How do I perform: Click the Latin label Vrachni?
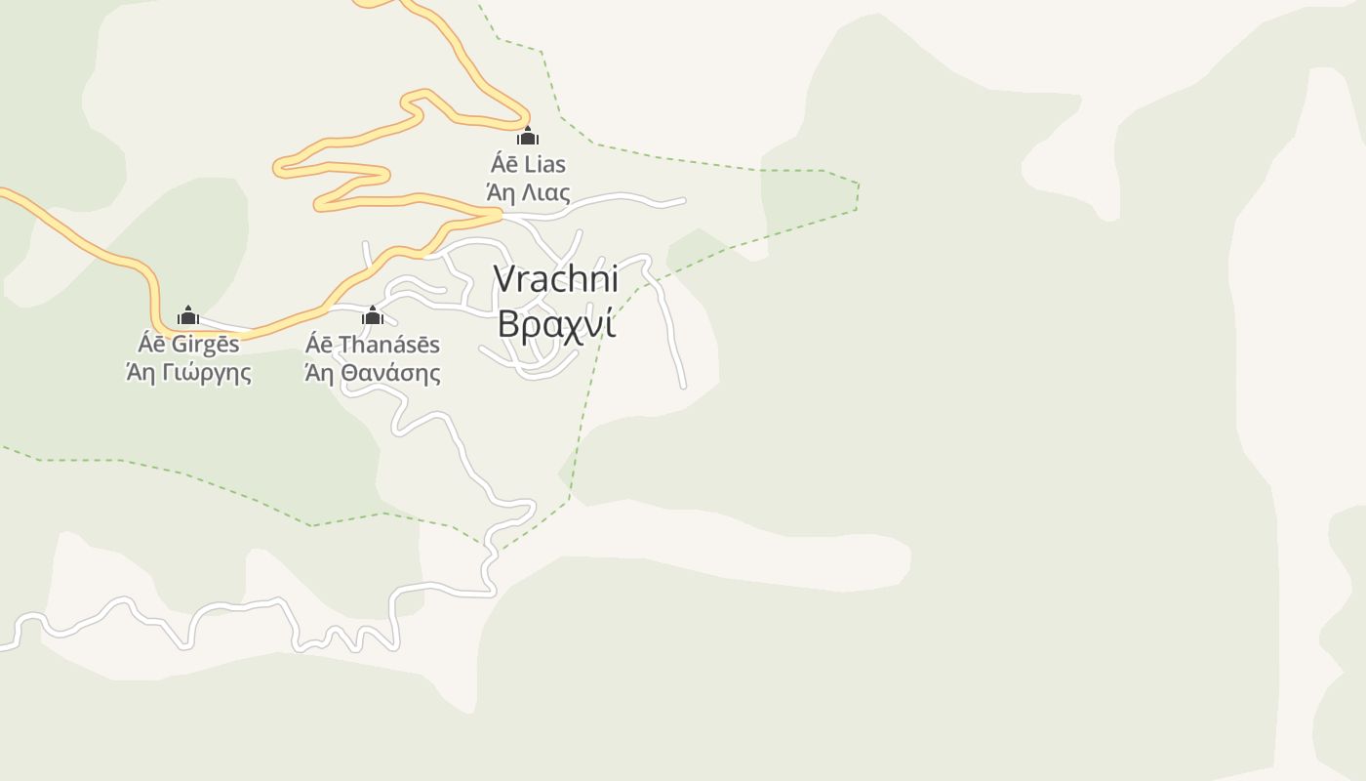[556, 279]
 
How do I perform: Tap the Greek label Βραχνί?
[556, 323]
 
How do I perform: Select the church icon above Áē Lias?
[528, 136]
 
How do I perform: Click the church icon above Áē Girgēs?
[188, 315]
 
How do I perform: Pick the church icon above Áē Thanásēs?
[372, 315]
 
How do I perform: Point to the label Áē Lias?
[528, 164]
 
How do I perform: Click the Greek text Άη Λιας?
[528, 192]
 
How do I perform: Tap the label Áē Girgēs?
[188, 345]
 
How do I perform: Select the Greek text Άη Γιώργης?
[188, 373]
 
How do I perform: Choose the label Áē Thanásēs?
[372, 345]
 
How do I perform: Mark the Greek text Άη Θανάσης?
[372, 373]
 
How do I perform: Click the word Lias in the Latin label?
[543, 164]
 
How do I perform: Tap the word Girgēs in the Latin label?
[205, 345]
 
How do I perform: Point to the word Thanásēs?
[388, 345]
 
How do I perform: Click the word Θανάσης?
[391, 373]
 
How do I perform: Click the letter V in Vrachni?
[503, 279]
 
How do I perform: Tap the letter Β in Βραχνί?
[508, 323]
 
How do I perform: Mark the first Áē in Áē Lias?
[502, 164]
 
